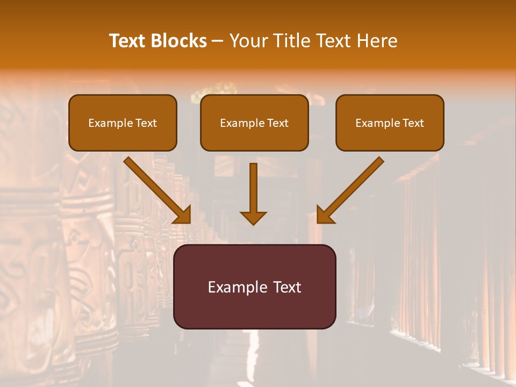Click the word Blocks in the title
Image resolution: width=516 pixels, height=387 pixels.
pos(178,41)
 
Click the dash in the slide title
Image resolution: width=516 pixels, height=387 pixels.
pos(218,41)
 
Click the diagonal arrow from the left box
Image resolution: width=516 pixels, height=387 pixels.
pos(156,188)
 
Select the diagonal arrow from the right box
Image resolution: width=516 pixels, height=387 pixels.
pos(352,188)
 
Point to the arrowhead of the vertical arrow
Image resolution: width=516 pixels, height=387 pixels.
pos(253,218)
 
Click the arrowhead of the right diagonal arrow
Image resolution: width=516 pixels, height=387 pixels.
pos(325,215)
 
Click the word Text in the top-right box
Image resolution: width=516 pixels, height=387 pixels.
pos(413,123)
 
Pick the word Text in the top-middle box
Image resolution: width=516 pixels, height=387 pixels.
pos(277,123)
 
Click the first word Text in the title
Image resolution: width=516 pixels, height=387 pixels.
pos(128,41)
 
